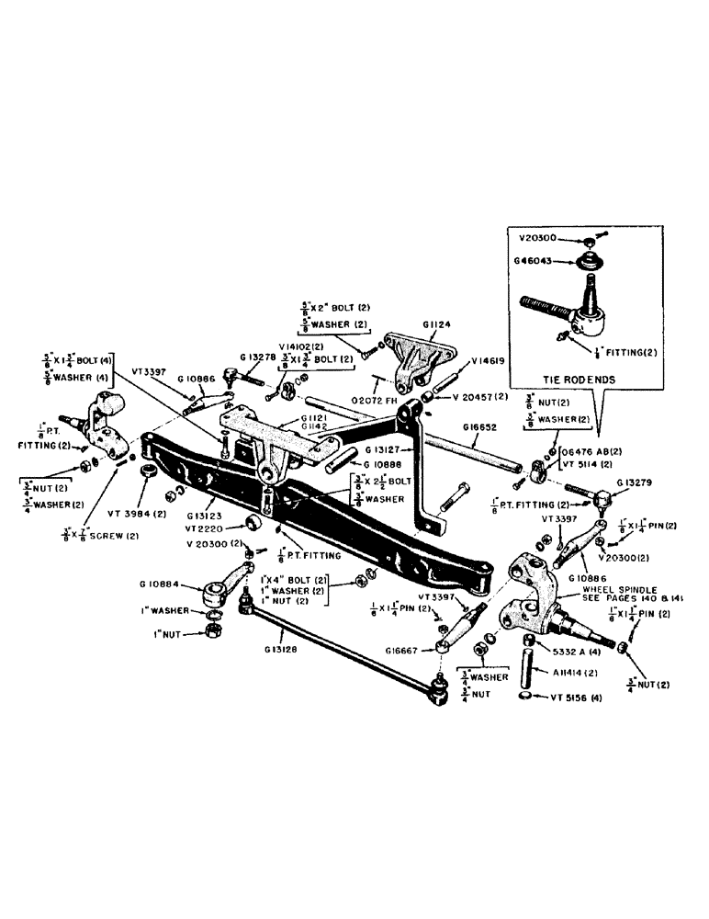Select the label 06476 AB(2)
(x=591, y=450)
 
